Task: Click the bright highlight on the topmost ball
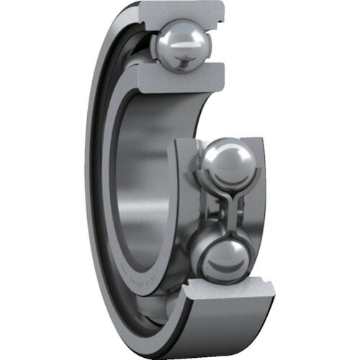tap(176, 40)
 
